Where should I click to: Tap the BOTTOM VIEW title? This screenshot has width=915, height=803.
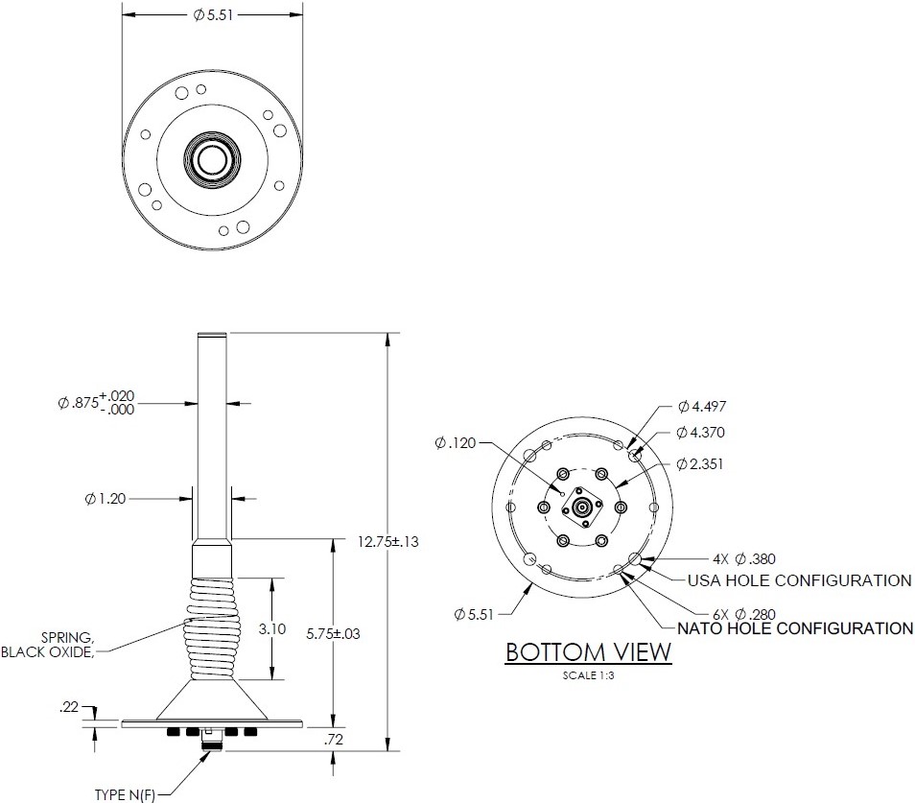(588, 652)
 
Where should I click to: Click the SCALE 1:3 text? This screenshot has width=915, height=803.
(588, 674)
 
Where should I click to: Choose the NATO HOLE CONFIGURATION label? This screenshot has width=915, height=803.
(795, 629)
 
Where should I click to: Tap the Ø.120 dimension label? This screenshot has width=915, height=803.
(456, 443)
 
